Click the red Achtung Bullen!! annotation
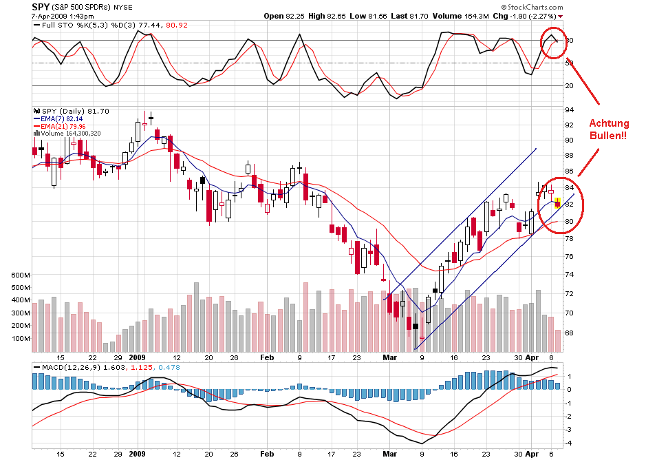pos(609,129)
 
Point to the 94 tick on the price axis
pos(570,110)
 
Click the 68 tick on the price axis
pos(570,333)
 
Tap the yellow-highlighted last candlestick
pos(557,203)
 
